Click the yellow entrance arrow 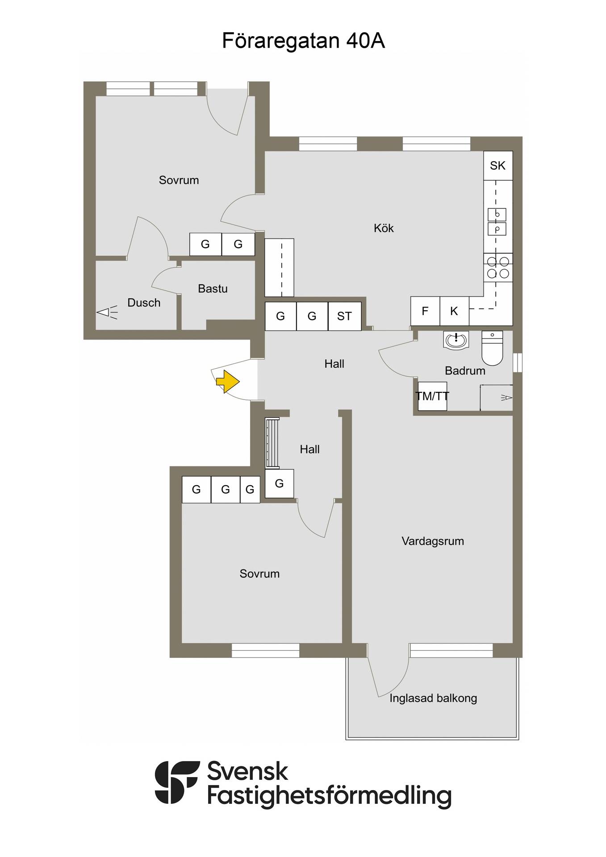tap(228, 382)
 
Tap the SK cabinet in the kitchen tap(498, 166)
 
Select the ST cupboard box tap(344, 316)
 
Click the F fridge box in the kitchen tap(425, 311)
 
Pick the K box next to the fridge tap(454, 311)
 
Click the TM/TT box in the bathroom tap(432, 396)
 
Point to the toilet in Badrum tap(492, 348)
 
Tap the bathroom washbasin tap(456, 340)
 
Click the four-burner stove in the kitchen tap(498, 267)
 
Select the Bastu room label tap(213, 288)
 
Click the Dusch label tap(144, 303)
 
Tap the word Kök tap(384, 228)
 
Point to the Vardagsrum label tap(433, 541)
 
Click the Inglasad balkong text tap(433, 698)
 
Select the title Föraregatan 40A tap(303, 41)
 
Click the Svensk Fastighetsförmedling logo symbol tap(177, 782)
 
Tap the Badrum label tap(465, 370)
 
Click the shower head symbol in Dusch tap(107, 312)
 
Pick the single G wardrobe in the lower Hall tap(280, 483)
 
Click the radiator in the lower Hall tap(272, 443)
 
